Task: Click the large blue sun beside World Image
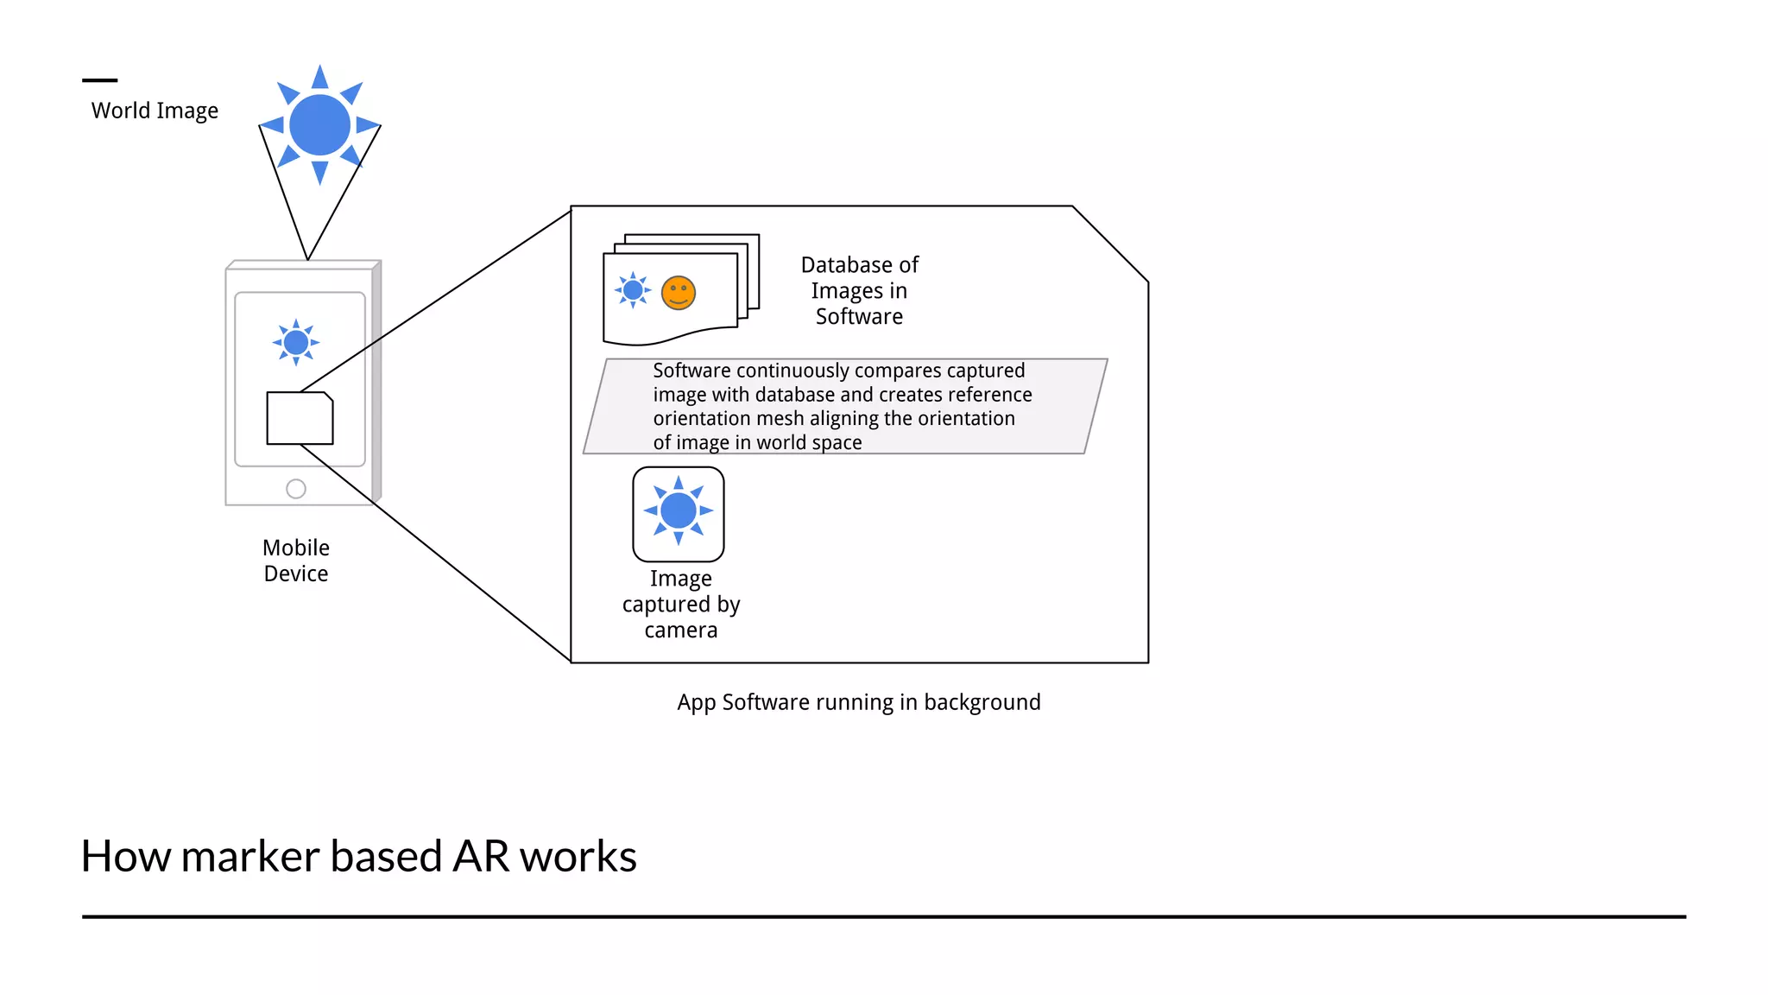point(320,125)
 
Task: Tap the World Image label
point(155,111)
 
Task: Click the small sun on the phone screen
point(296,343)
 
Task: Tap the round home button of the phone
point(296,489)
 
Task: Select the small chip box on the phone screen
point(300,419)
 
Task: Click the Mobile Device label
point(296,561)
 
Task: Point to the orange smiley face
point(679,293)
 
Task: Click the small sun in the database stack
point(633,290)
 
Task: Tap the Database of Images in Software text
point(859,290)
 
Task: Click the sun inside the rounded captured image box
point(679,510)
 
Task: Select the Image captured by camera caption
point(681,604)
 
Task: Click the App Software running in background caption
point(859,702)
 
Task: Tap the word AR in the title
point(481,857)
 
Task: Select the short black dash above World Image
point(100,80)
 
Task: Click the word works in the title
point(578,857)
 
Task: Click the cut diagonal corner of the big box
point(1110,244)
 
